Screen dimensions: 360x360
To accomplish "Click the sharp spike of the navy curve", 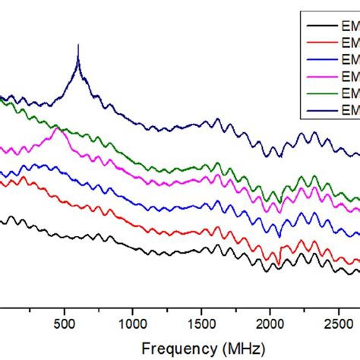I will pyautogui.click(x=78, y=47).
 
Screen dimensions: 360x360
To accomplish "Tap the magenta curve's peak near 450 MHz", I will pyautogui.click(x=56, y=129).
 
